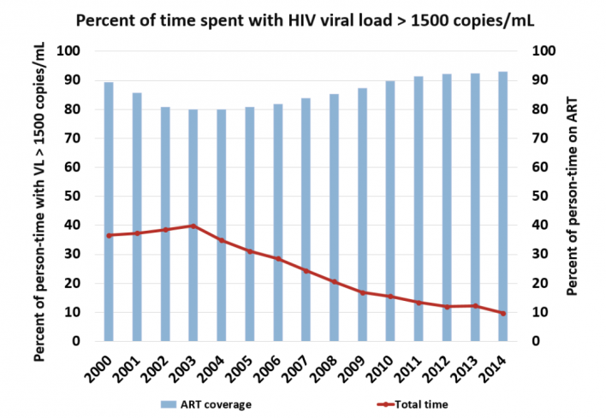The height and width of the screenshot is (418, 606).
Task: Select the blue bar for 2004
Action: pyautogui.click(x=220, y=225)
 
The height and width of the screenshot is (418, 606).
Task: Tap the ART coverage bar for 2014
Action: pyautogui.click(x=502, y=206)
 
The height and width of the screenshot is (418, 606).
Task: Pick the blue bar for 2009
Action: pyautogui.click(x=362, y=215)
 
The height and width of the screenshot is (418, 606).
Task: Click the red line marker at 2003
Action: pyautogui.click(x=193, y=226)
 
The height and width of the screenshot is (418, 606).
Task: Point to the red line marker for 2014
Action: pyautogui.click(x=502, y=313)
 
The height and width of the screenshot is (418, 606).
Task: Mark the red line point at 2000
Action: pyautogui.click(x=109, y=235)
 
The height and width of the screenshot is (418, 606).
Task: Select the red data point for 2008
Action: pyautogui.click(x=334, y=282)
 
